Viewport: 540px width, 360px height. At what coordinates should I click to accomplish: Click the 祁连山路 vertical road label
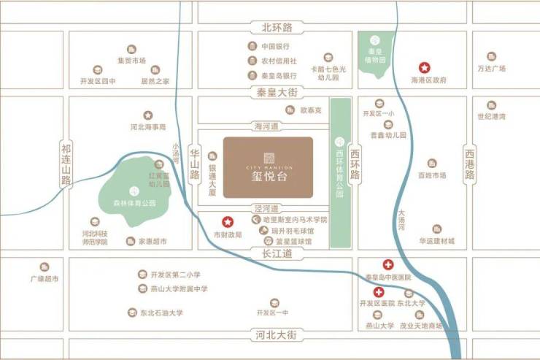(66, 163)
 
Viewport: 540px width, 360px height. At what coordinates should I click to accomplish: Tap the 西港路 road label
(469, 165)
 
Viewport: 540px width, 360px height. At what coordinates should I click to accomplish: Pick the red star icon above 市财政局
(227, 221)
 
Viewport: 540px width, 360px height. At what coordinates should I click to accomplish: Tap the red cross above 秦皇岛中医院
(387, 265)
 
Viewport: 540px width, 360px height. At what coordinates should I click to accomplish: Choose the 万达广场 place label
(491, 69)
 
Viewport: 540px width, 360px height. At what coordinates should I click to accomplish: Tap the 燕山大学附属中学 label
(179, 289)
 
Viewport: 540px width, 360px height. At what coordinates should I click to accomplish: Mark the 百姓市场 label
(431, 175)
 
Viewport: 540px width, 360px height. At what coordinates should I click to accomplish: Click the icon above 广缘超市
(45, 267)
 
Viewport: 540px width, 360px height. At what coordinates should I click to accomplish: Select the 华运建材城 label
(436, 240)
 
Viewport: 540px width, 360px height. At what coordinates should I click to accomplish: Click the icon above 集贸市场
(131, 48)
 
